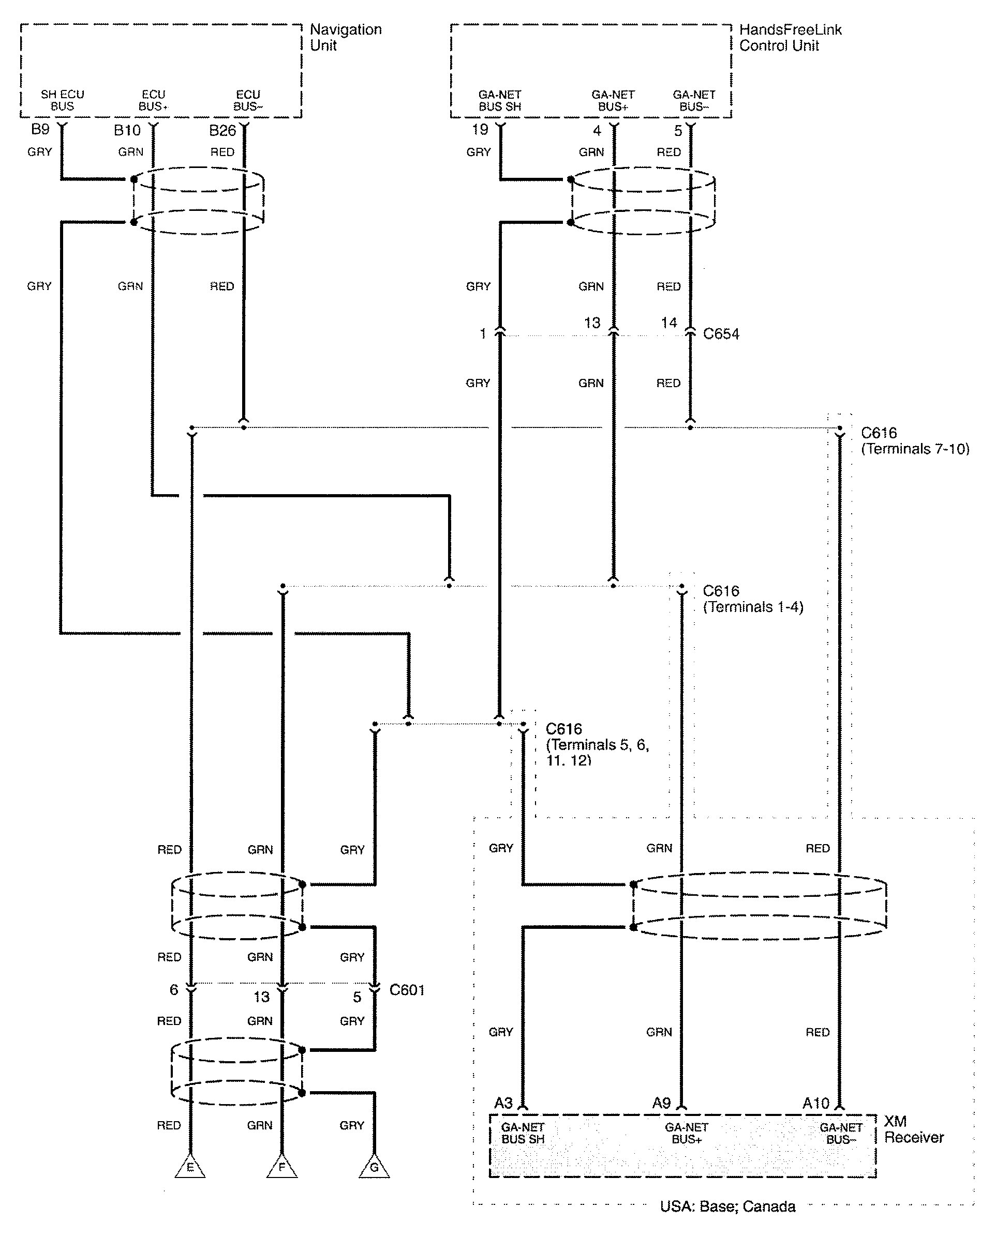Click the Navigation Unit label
coord(346,37)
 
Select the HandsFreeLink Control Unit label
coord(790,37)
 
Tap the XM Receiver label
coord(914,1129)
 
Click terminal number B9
coord(40,129)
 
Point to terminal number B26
coord(223,131)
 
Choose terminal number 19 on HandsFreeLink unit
coord(480,129)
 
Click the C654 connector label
coord(721,334)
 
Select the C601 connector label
coord(407,990)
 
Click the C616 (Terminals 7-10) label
coord(915,441)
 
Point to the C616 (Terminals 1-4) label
coord(753,599)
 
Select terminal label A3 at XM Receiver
coord(503,1103)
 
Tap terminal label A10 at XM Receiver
coord(815,1103)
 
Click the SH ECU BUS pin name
coord(62,100)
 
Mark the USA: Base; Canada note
coord(727,1206)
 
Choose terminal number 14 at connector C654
coord(669,323)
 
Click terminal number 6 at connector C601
coord(173,989)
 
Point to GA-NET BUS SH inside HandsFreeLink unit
coord(500,100)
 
